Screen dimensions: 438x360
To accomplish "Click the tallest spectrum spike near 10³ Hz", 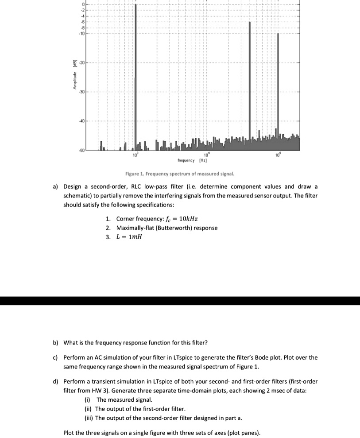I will coord(135,75).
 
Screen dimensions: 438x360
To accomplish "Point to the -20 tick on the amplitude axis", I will coord(82,63).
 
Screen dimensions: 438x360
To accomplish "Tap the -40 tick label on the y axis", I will coord(82,121).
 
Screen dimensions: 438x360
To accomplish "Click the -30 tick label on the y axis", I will coord(82,92).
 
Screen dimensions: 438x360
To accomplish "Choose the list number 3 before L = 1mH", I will coord(109,236).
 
